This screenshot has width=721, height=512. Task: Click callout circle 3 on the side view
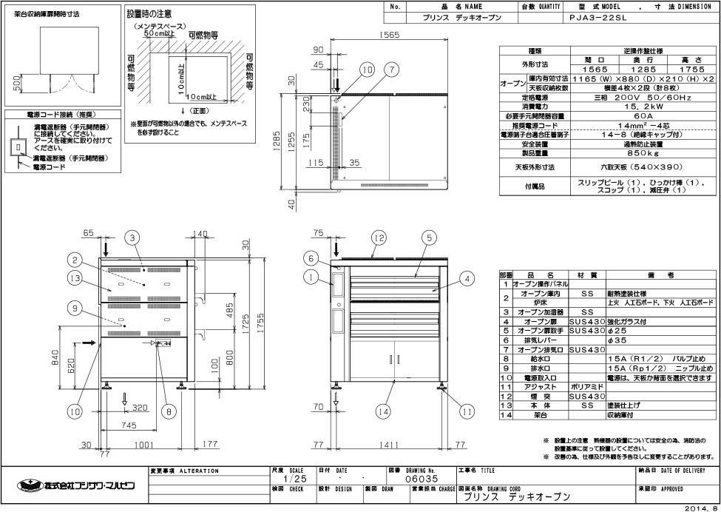(132, 238)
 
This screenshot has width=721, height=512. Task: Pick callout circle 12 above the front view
(379, 238)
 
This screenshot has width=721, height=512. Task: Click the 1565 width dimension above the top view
(382, 34)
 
